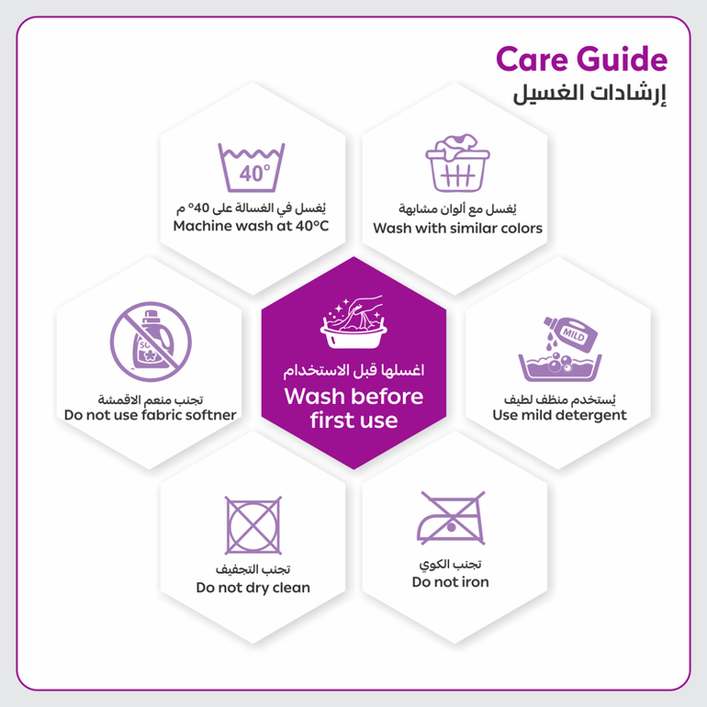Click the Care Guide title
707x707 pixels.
(x=581, y=59)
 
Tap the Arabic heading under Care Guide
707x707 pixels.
(x=589, y=94)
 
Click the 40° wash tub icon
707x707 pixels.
(x=252, y=167)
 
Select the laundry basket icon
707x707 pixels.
(x=457, y=163)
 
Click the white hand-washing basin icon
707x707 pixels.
(x=353, y=322)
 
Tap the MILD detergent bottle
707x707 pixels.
(x=571, y=333)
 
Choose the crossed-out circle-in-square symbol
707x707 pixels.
(x=252, y=525)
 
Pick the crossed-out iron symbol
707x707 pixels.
(x=451, y=518)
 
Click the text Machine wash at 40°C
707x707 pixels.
(x=252, y=226)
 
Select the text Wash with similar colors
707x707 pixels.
(x=457, y=228)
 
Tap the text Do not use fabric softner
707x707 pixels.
(x=151, y=415)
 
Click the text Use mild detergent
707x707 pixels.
(x=559, y=415)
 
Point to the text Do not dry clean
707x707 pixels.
(x=252, y=588)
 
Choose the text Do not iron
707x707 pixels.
(x=451, y=581)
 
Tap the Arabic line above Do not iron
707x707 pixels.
(x=451, y=564)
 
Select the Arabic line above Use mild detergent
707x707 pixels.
(x=559, y=399)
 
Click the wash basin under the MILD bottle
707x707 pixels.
(x=560, y=367)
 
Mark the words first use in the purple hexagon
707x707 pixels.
(x=353, y=421)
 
